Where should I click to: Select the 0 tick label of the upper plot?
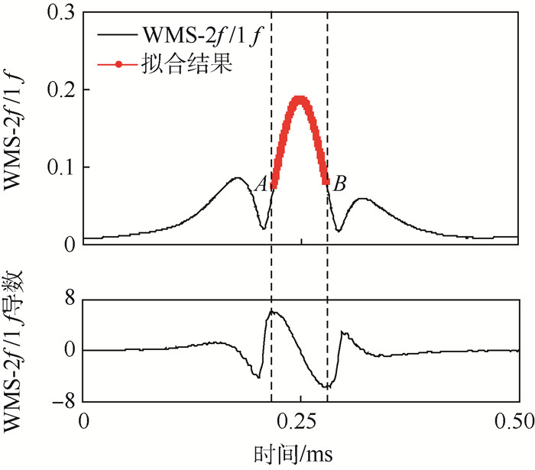click(x=70, y=244)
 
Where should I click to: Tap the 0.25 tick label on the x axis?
click(x=300, y=421)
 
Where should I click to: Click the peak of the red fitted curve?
click(x=300, y=98)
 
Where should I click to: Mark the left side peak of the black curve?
click(x=238, y=178)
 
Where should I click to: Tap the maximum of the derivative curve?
click(x=273, y=311)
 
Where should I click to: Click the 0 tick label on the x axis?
click(x=84, y=421)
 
